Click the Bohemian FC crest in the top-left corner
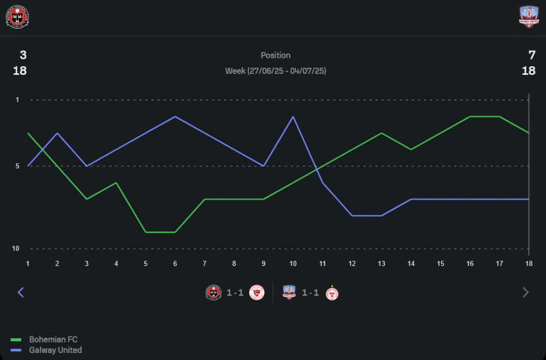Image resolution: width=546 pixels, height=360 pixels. [17, 17]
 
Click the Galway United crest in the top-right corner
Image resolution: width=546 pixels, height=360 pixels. [529, 17]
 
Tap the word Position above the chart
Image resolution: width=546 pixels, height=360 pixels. [276, 55]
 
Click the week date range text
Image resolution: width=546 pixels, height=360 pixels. [276, 71]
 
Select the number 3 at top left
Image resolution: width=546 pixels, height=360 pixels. [23, 55]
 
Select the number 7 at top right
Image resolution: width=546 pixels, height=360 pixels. [532, 55]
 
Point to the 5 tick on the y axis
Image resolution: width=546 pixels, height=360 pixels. [17, 166]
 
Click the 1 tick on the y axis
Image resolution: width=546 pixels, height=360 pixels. [17, 100]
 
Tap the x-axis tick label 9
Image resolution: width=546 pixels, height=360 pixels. [264, 263]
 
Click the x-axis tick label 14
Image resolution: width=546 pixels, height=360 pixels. [411, 263]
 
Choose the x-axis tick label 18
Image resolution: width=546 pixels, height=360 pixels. [529, 263]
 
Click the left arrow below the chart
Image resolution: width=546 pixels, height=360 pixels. [21, 292]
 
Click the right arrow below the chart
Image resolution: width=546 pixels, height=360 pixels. [526, 292]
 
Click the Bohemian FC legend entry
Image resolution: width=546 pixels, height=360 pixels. [53, 340]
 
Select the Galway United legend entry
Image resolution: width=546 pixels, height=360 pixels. [55, 350]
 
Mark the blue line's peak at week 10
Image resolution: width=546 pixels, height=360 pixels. [293, 116]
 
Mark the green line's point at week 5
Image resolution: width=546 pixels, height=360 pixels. [146, 232]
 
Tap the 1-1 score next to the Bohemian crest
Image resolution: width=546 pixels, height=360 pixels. [235, 293]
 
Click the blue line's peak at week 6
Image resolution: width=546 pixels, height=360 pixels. [175, 116]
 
